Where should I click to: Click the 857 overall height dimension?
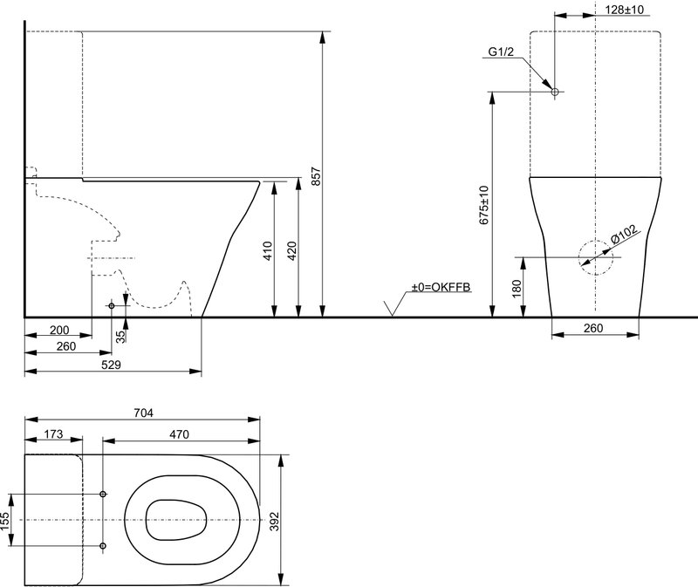[x=315, y=177]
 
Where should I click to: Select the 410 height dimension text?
[x=268, y=250]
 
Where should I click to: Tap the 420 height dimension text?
[x=291, y=250]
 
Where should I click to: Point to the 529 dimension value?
[x=111, y=365]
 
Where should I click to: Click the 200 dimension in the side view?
[x=59, y=331]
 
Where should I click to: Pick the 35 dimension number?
[x=121, y=337]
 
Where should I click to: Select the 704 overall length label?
[x=143, y=413]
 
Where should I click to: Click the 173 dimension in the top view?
[x=54, y=433]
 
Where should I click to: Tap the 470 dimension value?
[x=179, y=434]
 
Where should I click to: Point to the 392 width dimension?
[x=274, y=522]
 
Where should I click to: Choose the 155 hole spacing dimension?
[x=4, y=521]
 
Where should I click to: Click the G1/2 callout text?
[x=501, y=51]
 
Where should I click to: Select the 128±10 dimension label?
[x=625, y=10]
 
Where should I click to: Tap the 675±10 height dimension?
[x=484, y=205]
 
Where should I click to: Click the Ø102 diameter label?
[x=624, y=234]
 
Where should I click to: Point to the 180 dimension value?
[x=517, y=289]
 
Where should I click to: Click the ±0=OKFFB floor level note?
[x=441, y=287]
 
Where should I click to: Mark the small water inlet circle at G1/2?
[x=555, y=92]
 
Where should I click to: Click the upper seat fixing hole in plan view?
[x=103, y=494]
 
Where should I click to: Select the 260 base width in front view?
[x=593, y=328]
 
